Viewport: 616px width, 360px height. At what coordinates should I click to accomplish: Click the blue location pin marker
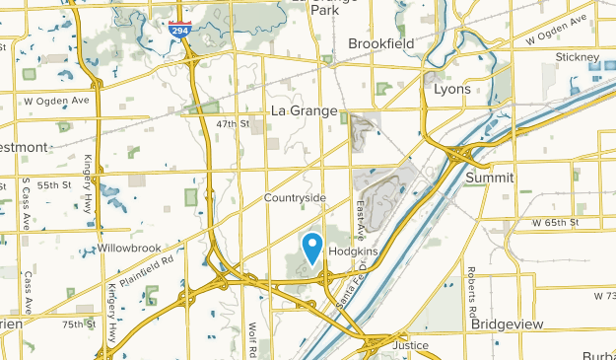click(313, 246)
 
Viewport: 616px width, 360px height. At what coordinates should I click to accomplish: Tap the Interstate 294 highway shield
click(179, 31)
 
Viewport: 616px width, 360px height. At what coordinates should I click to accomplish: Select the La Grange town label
click(306, 111)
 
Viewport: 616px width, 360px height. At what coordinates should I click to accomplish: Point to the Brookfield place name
click(385, 43)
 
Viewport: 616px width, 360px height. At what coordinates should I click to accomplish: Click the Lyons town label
click(452, 89)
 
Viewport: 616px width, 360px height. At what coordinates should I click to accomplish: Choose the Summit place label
click(490, 178)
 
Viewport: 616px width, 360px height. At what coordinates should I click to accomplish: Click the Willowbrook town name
click(127, 248)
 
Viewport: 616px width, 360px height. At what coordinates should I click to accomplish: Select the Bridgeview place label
click(508, 324)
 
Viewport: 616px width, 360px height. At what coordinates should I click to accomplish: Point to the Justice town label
click(411, 346)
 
